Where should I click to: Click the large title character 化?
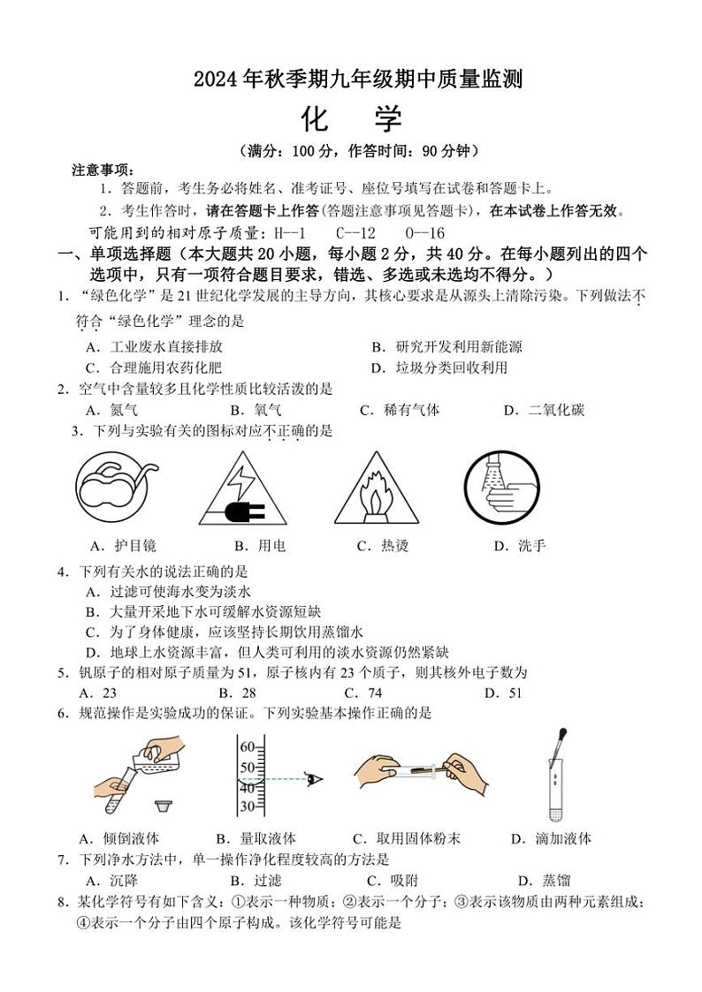pyautogui.click(x=315, y=118)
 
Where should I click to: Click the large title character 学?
pyautogui.click(x=386, y=118)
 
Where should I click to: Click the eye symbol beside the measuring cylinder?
pyautogui.click(x=313, y=778)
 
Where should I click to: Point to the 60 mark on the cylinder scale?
pyautogui.click(x=247, y=746)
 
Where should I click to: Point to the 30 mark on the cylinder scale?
pyautogui.click(x=247, y=806)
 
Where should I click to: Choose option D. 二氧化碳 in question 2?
pyautogui.click(x=544, y=410)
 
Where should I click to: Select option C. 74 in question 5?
pyautogui.click(x=362, y=693)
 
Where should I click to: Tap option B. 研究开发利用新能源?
pyautogui.click(x=446, y=347)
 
